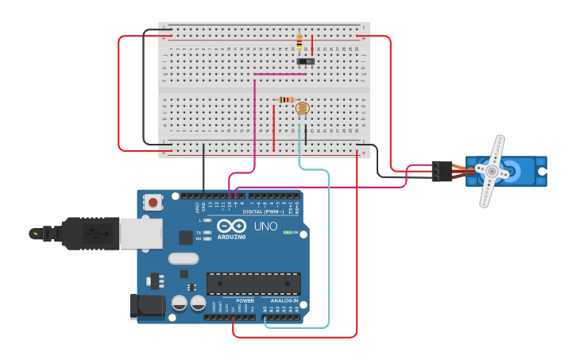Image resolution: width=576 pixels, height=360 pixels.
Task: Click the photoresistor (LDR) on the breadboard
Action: (302, 109)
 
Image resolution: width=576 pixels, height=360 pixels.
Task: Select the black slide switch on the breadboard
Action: (305, 61)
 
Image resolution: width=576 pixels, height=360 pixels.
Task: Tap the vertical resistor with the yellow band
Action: (300, 41)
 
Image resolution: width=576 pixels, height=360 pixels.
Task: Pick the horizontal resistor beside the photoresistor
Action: (287, 99)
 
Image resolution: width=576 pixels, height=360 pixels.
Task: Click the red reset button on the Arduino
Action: (153, 203)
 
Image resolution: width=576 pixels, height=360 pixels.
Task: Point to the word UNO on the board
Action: (265, 226)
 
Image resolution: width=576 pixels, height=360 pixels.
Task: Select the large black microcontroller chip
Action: (253, 284)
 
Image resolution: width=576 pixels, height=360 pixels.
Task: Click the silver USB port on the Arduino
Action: (141, 232)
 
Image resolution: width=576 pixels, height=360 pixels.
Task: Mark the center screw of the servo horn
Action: (493, 172)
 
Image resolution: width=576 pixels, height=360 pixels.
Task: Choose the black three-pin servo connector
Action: (442, 171)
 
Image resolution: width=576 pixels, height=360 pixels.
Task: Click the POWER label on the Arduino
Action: (245, 301)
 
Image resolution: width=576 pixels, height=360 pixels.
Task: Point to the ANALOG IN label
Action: (284, 301)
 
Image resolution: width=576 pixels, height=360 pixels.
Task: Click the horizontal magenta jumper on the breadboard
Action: (280, 75)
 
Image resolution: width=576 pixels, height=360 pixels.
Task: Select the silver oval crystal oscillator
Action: (184, 258)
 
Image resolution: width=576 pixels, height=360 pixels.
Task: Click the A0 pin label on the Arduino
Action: (265, 308)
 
